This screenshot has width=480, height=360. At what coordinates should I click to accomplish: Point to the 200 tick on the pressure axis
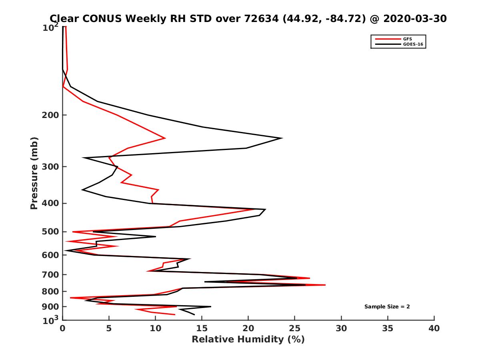(50, 115)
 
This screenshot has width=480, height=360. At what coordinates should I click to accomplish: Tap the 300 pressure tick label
(50, 166)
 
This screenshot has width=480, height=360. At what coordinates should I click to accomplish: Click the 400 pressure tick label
(50, 203)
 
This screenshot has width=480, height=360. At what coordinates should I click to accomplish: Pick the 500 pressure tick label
(50, 232)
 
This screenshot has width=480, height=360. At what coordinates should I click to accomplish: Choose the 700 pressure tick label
(50, 274)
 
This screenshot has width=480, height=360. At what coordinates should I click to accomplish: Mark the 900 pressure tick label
(50, 307)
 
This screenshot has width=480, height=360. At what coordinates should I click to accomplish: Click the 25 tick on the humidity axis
(295, 328)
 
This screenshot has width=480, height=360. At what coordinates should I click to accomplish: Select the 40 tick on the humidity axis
(434, 328)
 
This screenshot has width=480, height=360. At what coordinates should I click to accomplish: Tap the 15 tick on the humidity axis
(202, 328)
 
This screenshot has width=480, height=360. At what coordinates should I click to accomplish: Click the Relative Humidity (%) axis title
(248, 340)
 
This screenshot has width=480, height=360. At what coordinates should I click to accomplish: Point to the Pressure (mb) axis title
(34, 173)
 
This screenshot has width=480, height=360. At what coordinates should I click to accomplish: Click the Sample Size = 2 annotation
(387, 307)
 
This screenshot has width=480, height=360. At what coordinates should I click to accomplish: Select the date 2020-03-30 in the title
(414, 18)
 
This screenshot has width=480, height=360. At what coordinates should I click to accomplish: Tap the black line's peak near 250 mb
(282, 138)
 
